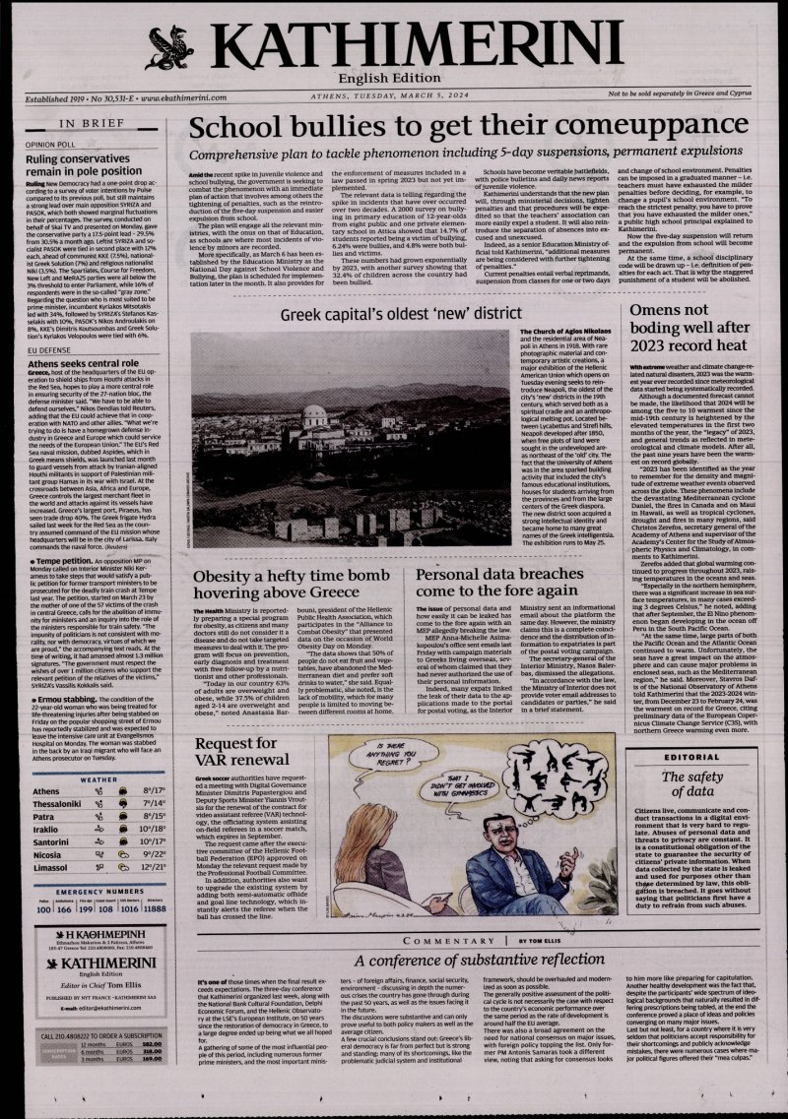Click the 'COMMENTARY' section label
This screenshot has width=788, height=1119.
point(462,942)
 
